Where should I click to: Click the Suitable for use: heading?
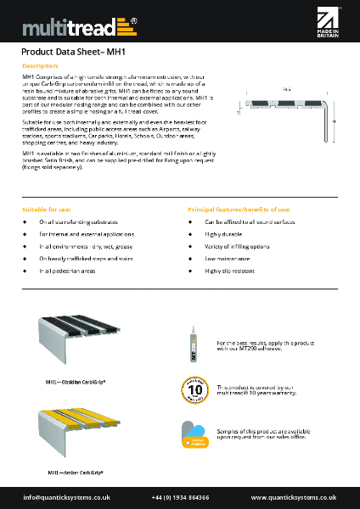[x=47, y=209]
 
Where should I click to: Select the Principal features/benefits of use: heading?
[x=239, y=209]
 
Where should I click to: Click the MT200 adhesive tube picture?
[x=196, y=334]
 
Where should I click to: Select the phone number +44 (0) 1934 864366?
[x=180, y=497]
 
